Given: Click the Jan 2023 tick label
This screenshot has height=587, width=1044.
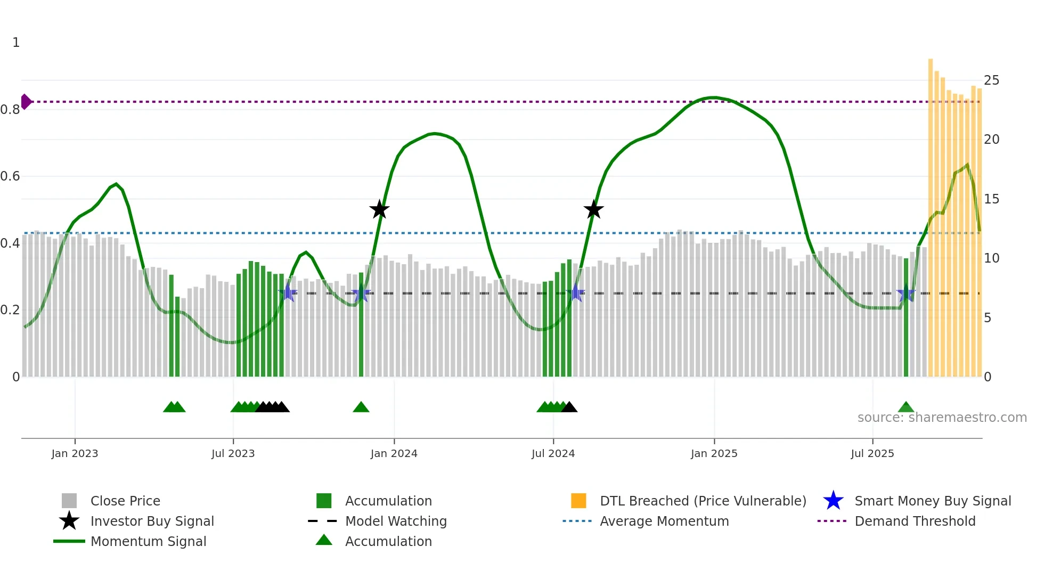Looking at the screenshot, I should coord(75,453).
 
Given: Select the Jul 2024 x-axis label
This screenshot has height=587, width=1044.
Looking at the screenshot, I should coord(553,453).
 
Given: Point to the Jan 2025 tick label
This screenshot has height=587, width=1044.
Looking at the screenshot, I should coord(714,453).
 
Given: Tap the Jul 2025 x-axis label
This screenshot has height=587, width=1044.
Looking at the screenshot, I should coord(872,453).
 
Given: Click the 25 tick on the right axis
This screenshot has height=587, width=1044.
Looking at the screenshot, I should coord(991,80).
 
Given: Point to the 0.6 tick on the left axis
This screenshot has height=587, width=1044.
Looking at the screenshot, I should coord(11,176).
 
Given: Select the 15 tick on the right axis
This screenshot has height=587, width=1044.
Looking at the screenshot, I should coord(991,199).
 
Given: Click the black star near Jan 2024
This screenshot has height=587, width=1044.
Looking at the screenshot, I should coord(379,209).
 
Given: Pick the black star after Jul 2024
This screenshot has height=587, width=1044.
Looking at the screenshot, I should coord(593,209).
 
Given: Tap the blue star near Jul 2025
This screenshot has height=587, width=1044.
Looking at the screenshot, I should coord(906,293).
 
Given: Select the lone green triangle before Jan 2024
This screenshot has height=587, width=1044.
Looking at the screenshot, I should coord(361,407).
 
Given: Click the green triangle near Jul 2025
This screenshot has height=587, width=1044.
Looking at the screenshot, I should coord(906,407).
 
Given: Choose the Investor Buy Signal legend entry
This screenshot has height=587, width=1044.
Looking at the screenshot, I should coord(152,521).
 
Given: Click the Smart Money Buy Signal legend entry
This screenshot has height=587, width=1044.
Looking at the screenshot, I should coord(932,501).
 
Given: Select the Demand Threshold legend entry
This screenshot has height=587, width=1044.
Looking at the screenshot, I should coord(915,521).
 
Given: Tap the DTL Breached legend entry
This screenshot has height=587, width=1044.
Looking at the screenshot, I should coord(703,501).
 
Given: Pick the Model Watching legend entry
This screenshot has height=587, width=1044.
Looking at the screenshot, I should coord(395,521).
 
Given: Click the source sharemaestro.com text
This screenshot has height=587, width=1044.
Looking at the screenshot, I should coord(942,418).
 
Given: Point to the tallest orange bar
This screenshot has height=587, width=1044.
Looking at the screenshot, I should coord(931,213).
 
